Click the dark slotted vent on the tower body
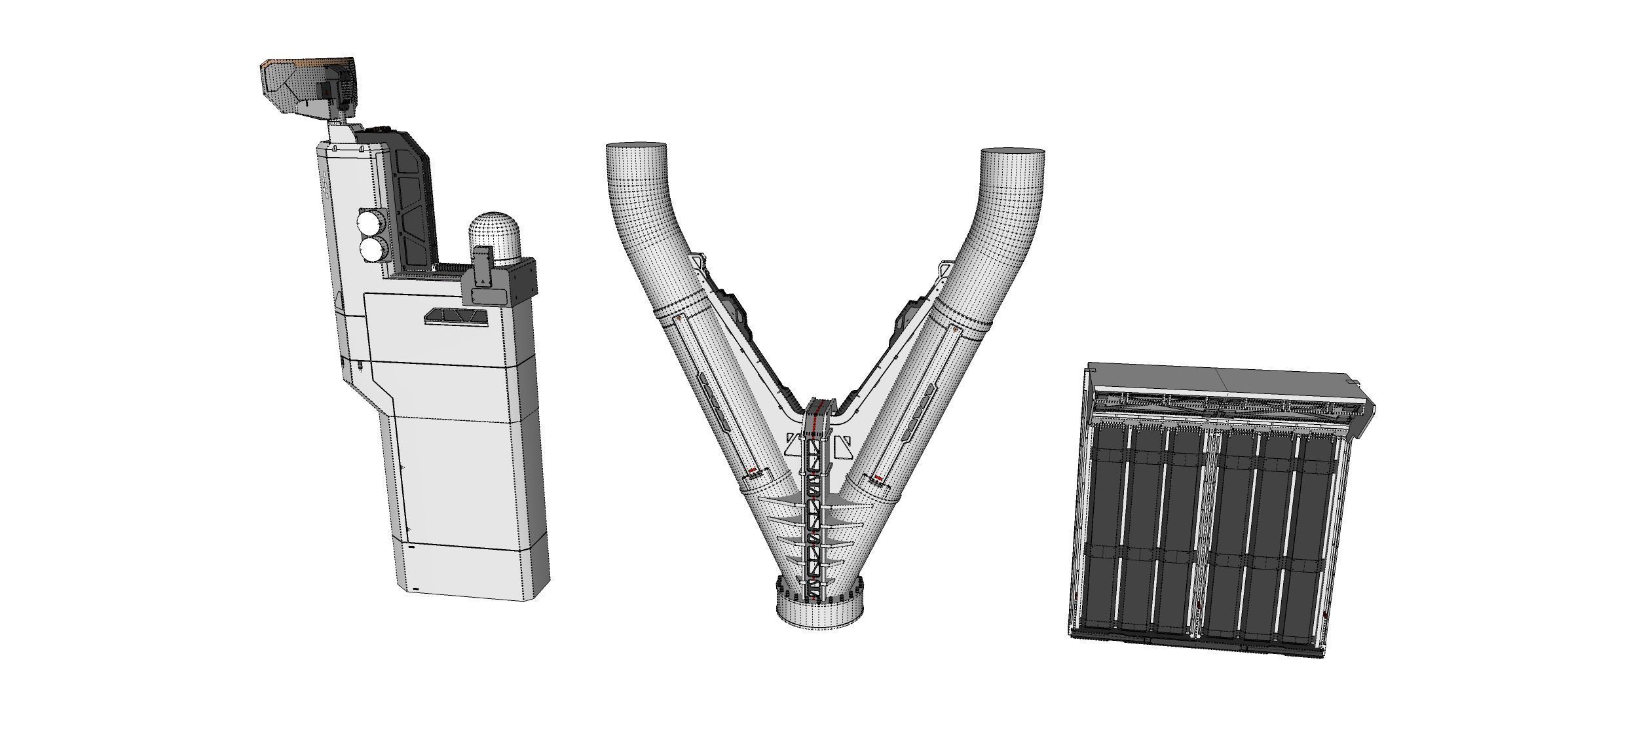[x=456, y=317]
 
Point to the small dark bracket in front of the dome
[x=483, y=267]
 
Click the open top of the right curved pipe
[x=1013, y=158]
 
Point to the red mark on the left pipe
[x=753, y=471]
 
